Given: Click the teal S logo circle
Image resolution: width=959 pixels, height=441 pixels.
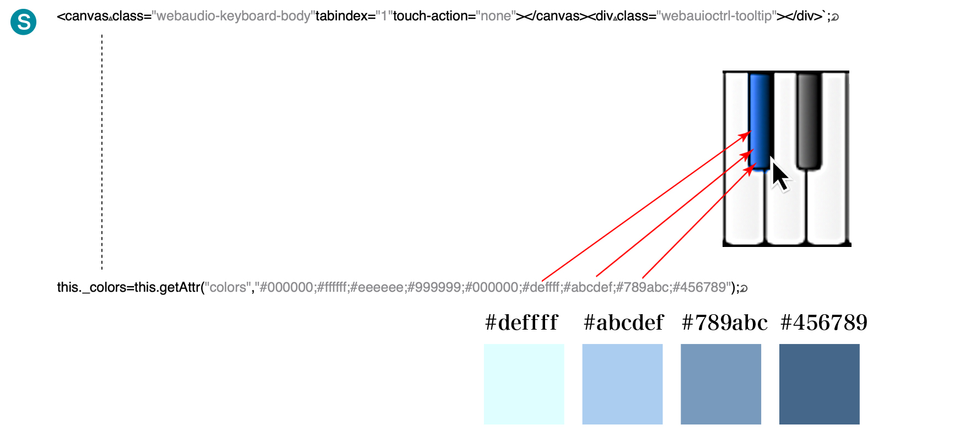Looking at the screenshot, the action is pyautogui.click(x=23, y=22).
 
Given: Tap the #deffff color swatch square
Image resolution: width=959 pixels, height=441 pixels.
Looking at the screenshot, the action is pyautogui.click(x=524, y=384).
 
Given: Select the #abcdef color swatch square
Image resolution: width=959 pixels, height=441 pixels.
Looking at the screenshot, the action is pyautogui.click(x=622, y=384).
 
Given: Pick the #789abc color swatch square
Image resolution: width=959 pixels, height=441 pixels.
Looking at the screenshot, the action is pyautogui.click(x=721, y=384).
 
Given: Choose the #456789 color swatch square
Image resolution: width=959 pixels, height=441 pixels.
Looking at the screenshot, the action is pyautogui.click(x=820, y=384).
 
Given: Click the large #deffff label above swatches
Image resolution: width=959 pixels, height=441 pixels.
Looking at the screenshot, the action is pyautogui.click(x=521, y=322).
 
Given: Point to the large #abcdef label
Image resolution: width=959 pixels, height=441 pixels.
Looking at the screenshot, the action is pyautogui.click(x=623, y=322).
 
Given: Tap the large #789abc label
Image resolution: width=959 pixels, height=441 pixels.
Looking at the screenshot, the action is pyautogui.click(x=724, y=322).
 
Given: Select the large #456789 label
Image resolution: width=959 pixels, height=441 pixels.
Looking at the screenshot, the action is pyautogui.click(x=824, y=322).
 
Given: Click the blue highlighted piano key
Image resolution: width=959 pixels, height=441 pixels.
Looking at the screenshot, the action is pyautogui.click(x=759, y=121).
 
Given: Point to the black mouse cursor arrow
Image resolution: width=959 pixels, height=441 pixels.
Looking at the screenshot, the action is pyautogui.click(x=779, y=173).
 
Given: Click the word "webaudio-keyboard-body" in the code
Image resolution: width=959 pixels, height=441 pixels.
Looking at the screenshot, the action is pyautogui.click(x=234, y=16).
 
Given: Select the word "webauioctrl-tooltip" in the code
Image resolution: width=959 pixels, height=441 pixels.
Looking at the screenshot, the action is pyautogui.click(x=716, y=16).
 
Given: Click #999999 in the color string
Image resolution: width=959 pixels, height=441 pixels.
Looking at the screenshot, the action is pyautogui.click(x=435, y=287).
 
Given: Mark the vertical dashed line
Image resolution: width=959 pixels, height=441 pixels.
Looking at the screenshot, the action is pyautogui.click(x=102, y=152).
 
